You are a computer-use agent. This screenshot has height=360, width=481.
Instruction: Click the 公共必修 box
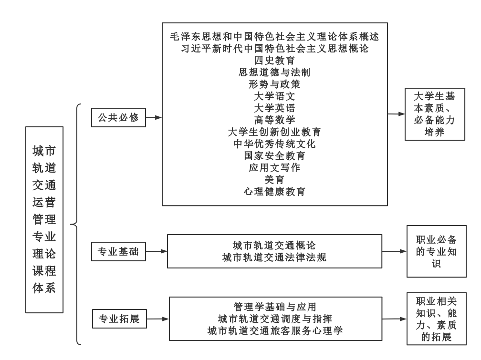click(118, 117)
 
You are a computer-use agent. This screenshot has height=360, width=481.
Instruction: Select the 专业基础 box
click(118, 251)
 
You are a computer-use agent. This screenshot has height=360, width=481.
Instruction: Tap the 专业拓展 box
click(119, 319)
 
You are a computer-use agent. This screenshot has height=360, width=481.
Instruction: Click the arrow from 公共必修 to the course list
click(154, 117)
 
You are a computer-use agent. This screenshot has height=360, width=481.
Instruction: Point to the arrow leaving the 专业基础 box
click(157, 251)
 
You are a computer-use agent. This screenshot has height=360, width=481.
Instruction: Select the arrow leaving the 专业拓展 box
click(158, 319)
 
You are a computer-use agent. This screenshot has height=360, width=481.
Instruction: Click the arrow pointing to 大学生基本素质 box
click(397, 114)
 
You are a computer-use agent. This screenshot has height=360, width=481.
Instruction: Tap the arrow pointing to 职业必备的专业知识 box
click(395, 251)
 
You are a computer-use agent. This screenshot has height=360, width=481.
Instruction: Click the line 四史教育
click(274, 61)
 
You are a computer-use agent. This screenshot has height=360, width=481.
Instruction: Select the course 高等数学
click(274, 120)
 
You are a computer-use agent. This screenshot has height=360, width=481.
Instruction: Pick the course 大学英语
click(274, 108)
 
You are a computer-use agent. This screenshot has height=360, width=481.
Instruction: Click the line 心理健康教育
click(274, 192)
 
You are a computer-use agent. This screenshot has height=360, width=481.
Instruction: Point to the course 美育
click(274, 180)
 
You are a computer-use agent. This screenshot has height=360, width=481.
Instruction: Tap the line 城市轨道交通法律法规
click(274, 257)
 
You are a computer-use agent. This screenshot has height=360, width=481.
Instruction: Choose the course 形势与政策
click(274, 84)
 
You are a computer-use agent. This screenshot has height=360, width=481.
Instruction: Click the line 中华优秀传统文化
click(274, 144)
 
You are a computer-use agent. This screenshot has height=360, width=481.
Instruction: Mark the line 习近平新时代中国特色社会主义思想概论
click(274, 49)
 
